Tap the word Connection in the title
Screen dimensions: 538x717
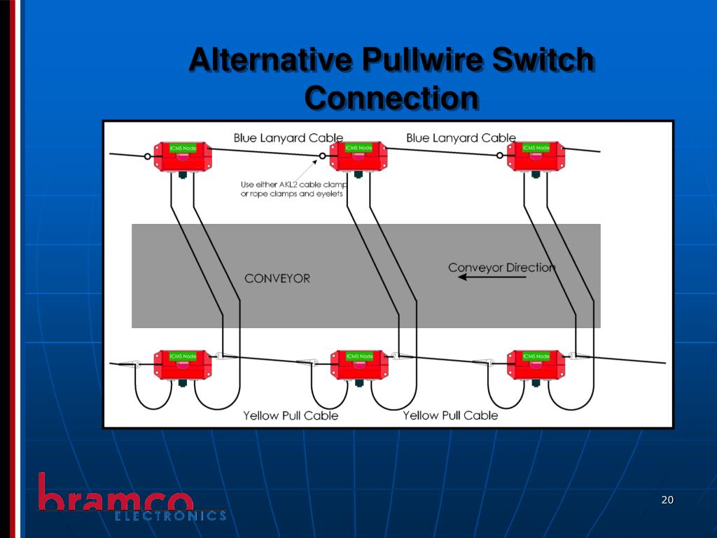(x=391, y=97)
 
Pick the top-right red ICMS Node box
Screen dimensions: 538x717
(x=536, y=156)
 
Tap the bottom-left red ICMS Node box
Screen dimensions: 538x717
(x=182, y=365)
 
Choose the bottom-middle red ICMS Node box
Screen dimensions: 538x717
(x=358, y=365)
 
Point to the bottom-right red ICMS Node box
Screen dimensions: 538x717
(x=536, y=365)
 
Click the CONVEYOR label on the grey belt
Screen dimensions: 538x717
(x=277, y=279)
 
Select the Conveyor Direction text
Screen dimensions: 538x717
(x=501, y=268)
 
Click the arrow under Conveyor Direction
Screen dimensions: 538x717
(x=492, y=277)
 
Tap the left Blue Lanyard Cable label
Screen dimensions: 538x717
(x=288, y=138)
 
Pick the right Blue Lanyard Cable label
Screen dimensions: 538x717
(x=461, y=138)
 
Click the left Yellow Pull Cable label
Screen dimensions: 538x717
(x=291, y=415)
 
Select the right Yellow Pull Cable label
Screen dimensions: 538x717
(x=450, y=415)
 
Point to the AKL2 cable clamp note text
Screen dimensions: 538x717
(x=293, y=189)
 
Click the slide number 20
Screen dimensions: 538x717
(x=667, y=499)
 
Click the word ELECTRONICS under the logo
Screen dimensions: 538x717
(x=170, y=516)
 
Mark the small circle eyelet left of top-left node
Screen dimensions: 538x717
(x=148, y=157)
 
